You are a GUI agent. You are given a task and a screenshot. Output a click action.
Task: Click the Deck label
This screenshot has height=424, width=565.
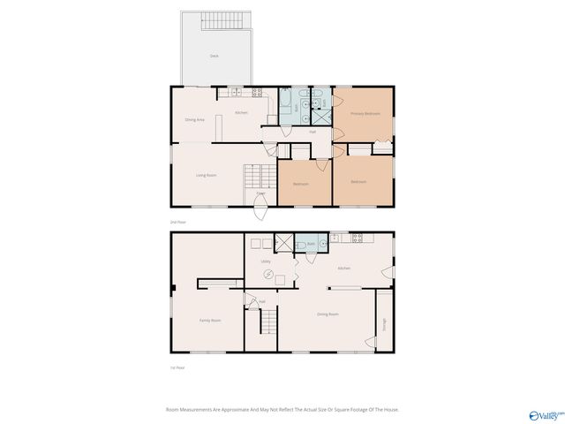click(x=214, y=56)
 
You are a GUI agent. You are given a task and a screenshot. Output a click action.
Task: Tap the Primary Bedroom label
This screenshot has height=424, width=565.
click(x=365, y=114)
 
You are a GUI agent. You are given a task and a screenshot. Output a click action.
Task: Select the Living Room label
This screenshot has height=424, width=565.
click(x=207, y=175)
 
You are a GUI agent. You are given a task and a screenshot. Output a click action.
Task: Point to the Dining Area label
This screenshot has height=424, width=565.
click(x=195, y=119)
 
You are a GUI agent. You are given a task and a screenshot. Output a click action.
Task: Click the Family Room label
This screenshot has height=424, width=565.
click(x=210, y=321)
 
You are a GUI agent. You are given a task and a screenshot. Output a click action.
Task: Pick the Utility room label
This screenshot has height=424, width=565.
click(x=265, y=262)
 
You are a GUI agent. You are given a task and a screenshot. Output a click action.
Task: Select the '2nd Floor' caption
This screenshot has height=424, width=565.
click(x=178, y=222)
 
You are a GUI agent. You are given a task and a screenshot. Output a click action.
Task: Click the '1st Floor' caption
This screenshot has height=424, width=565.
click(x=177, y=367)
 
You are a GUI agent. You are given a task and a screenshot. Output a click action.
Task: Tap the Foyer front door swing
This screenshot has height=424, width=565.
click(x=260, y=210)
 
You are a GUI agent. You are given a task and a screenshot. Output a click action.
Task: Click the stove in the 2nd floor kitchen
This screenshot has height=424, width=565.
click(x=258, y=92)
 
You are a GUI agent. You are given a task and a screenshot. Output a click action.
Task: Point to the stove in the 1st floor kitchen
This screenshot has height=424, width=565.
click(x=358, y=238)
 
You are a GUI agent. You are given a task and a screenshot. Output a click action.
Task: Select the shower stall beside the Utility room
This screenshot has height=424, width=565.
click(x=283, y=243)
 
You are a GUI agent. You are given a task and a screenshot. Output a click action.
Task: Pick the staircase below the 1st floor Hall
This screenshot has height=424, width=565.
click(x=261, y=331)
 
